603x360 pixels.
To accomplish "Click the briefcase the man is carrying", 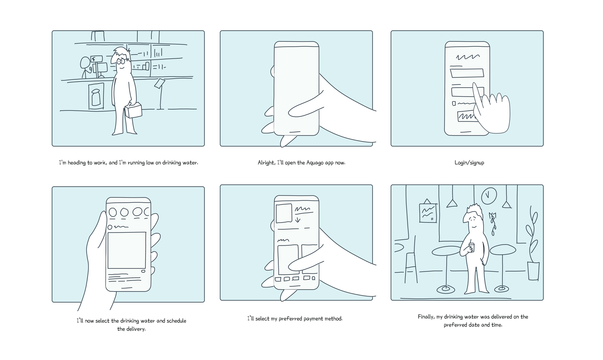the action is click(x=133, y=110).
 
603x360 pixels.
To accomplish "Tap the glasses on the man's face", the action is click(x=124, y=61).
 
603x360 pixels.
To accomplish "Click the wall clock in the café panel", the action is click(x=489, y=196).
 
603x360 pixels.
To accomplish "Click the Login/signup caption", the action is click(x=469, y=163).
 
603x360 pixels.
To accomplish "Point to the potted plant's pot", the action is click(x=533, y=271).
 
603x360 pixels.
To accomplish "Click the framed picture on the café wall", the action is click(x=428, y=213).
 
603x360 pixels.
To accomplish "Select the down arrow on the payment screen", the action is click(x=297, y=219).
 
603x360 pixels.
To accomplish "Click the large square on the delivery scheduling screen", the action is click(x=127, y=250).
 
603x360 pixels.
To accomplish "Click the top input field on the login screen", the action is click(x=467, y=73).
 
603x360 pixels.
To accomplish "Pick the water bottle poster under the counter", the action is click(x=96, y=96).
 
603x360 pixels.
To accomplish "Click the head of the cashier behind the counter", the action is click(x=85, y=63).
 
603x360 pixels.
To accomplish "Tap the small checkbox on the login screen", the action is click(x=454, y=104).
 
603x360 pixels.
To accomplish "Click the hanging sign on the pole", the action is click(x=160, y=83).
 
